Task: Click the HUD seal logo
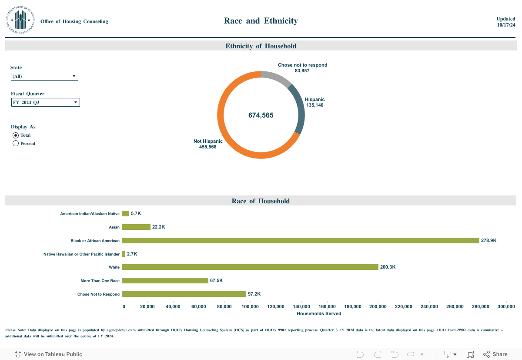click(x=20, y=20)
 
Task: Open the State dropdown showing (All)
click(x=44, y=76)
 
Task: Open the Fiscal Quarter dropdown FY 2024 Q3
click(x=45, y=102)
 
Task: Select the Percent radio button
click(x=16, y=143)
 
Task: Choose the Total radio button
click(x=16, y=135)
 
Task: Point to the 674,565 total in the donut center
click(x=261, y=115)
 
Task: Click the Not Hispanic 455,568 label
click(x=208, y=144)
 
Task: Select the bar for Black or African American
click(x=300, y=240)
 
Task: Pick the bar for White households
click(x=250, y=267)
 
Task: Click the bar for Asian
click(x=136, y=227)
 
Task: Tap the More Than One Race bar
click(x=165, y=280)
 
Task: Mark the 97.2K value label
click(x=254, y=294)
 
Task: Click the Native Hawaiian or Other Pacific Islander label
click(x=81, y=254)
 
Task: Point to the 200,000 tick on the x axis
click(x=378, y=306)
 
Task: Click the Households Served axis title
click(x=319, y=313)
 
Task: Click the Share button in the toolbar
click(x=495, y=354)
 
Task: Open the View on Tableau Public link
click(x=48, y=354)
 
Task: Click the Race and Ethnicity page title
click(x=261, y=20)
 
